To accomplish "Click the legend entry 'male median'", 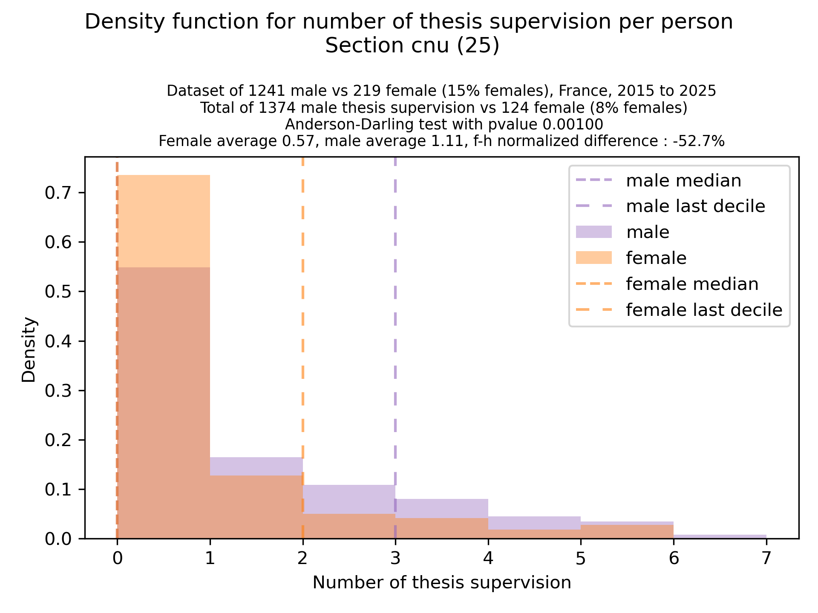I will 683,181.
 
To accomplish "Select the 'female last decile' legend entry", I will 704,310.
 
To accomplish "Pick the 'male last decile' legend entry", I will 695,206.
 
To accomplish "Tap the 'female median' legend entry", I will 692,284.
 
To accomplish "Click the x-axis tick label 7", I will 766,558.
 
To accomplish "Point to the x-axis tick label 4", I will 488,558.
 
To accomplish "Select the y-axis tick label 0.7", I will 58,193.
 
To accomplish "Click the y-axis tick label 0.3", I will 58,391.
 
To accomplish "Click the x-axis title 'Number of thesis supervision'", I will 442,583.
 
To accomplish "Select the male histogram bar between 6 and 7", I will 720,537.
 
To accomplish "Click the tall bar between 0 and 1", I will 164,383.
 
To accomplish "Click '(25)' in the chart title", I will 478,46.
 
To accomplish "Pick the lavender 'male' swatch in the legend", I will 593,232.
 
